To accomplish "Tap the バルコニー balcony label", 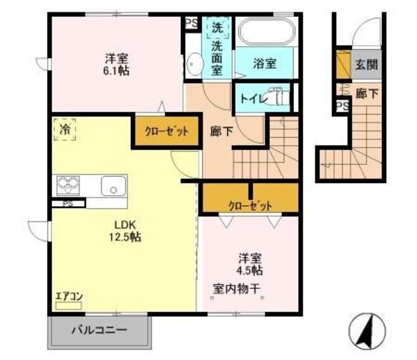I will click(x=99, y=329).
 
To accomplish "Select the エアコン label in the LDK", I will click(x=68, y=296).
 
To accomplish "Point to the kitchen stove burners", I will click(x=67, y=186).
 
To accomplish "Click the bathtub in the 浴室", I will click(x=266, y=32).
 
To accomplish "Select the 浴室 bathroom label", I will click(x=265, y=64).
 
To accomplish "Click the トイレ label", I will click(x=251, y=100).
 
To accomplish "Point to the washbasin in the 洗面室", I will click(x=194, y=64).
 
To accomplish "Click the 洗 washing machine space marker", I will click(x=217, y=28).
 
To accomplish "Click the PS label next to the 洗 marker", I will click(x=192, y=23).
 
